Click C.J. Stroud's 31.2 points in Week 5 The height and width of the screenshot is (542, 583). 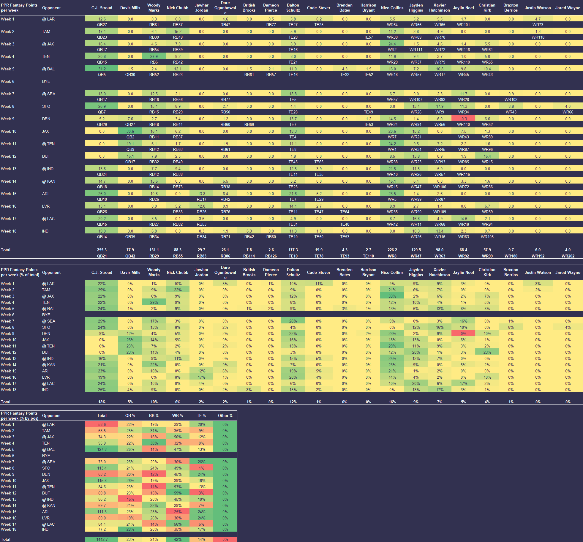[102, 69]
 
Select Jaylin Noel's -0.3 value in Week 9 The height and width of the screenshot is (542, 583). [463, 119]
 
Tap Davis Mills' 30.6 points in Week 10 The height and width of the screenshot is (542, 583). [130, 131]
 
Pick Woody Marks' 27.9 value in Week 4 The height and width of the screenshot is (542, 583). [154, 56]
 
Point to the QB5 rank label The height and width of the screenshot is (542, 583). [102, 75]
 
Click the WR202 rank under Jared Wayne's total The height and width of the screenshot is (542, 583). [568, 256]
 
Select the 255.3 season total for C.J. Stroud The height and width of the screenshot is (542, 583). [102, 250]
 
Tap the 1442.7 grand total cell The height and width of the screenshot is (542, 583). [102, 539]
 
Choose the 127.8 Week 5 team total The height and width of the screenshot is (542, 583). [102, 449]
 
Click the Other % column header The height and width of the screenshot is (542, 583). [225, 415]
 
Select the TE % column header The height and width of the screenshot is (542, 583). [201, 415]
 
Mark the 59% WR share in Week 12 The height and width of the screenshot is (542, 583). [178, 493]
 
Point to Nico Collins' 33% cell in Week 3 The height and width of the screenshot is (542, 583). [392, 296]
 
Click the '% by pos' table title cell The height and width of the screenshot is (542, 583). [20, 416]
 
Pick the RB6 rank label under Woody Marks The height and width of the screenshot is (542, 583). [154, 62]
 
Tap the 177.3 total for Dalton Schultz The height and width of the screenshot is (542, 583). [293, 250]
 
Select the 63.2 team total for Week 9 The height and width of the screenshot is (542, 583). [102, 474]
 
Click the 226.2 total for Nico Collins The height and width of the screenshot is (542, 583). [392, 250]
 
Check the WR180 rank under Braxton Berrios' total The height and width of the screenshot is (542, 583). [511, 256]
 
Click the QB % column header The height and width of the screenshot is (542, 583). [130, 415]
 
